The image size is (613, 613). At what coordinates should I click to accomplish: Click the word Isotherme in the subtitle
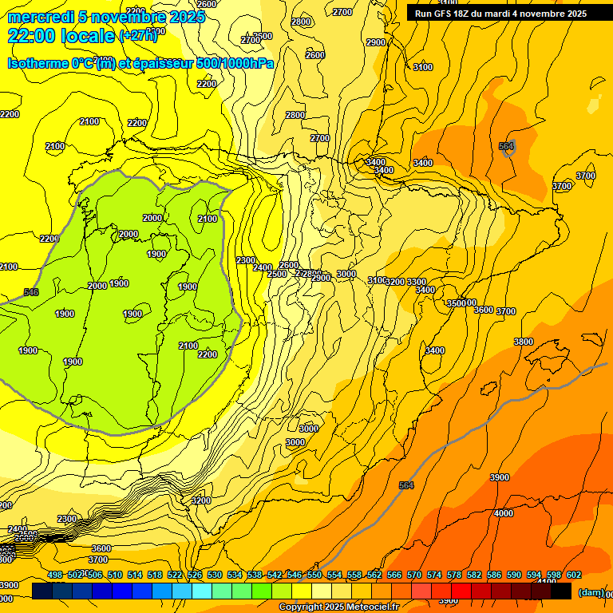[x=37, y=63]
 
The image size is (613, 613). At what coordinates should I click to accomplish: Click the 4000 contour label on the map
[x=504, y=513]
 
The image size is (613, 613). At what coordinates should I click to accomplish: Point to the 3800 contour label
[x=524, y=342]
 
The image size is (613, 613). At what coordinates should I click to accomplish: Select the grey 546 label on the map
[x=31, y=292]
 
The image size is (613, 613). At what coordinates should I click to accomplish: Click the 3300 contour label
[x=417, y=283]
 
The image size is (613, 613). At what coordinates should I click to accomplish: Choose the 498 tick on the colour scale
[x=55, y=575]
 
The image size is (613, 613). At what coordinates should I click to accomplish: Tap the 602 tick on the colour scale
[x=574, y=575]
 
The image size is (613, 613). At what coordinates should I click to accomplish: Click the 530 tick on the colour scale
[x=215, y=575]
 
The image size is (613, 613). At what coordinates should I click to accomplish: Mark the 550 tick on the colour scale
[x=314, y=575]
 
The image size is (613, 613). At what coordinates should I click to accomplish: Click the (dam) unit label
[x=591, y=592]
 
